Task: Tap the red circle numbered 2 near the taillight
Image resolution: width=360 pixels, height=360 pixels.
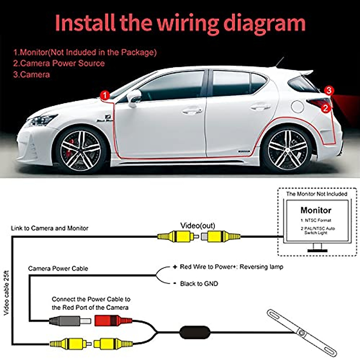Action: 326,108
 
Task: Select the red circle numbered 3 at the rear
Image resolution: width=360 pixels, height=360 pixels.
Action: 329,90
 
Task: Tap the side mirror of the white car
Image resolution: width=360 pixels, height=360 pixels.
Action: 134,97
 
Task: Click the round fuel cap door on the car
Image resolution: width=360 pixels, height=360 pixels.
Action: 297,106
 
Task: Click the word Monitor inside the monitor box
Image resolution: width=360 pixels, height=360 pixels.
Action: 316,210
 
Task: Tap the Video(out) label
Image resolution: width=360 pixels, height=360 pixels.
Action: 198,226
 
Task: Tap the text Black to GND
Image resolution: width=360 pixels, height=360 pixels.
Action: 199,283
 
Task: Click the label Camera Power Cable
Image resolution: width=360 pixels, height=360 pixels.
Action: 58,268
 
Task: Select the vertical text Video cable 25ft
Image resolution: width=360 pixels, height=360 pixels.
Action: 6,293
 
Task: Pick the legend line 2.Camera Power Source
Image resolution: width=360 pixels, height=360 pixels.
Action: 59,63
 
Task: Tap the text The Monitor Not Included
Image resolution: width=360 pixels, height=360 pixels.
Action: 316,194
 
